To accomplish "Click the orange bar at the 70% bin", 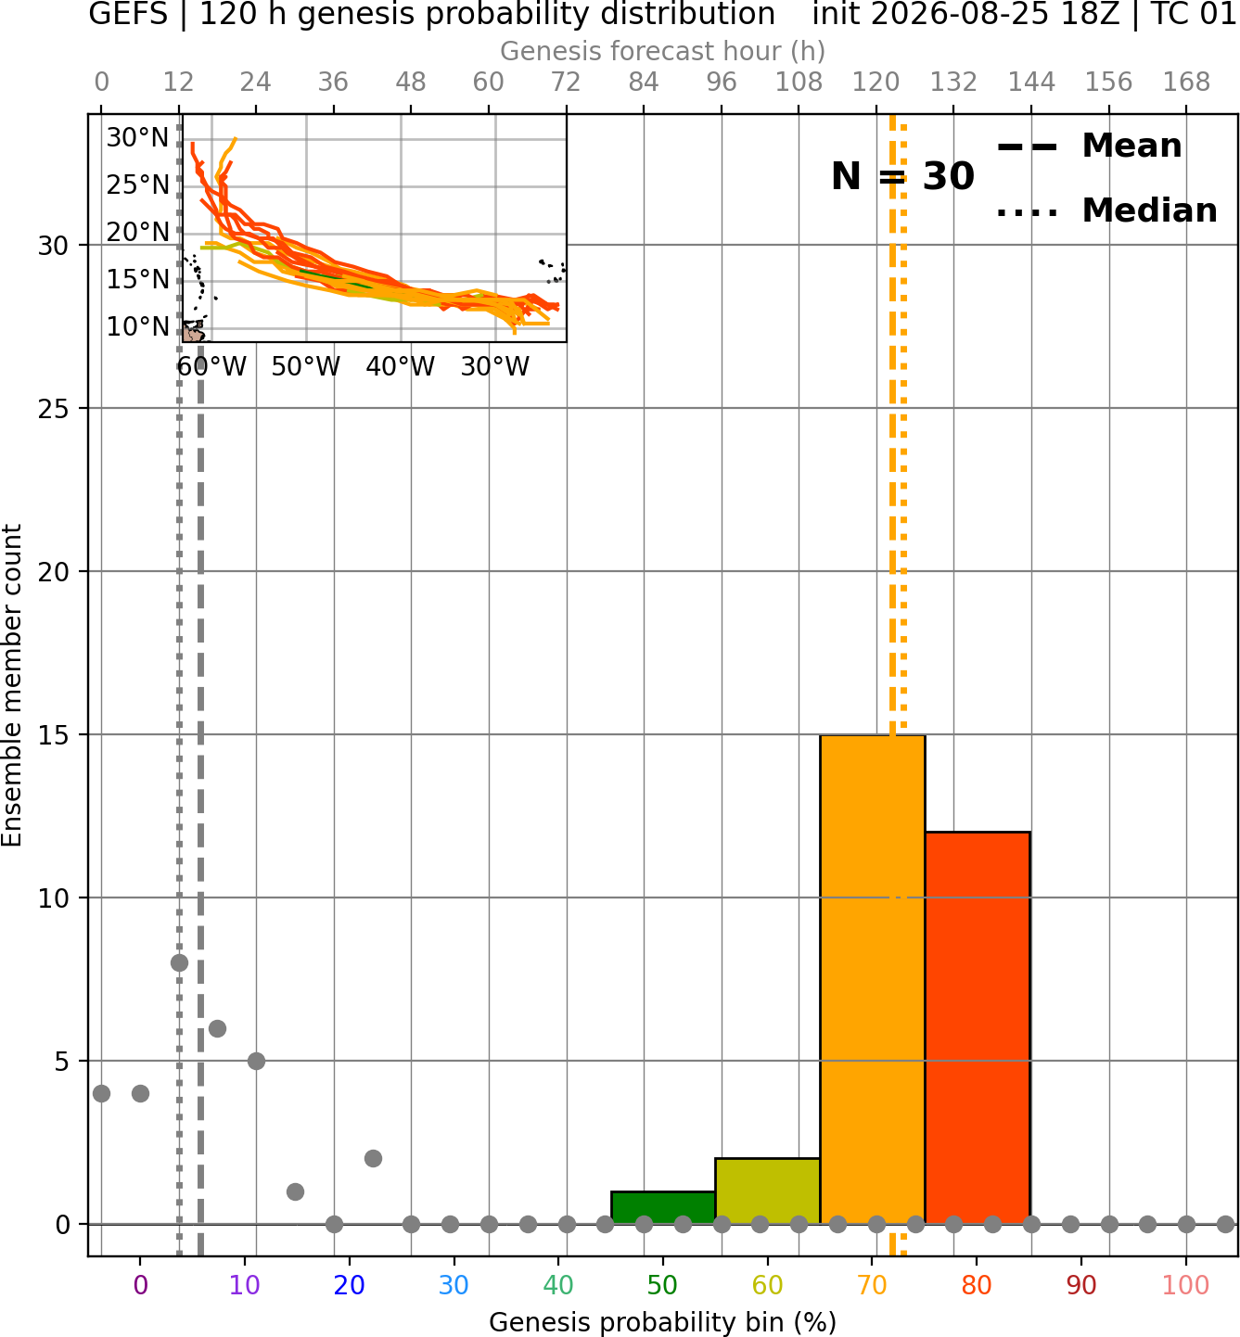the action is [x=872, y=979].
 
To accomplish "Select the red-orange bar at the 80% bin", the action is [x=978, y=1027].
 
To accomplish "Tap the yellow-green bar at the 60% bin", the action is [x=768, y=1191].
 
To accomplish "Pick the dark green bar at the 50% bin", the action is [x=663, y=1207].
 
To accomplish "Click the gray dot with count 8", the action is [x=179, y=962].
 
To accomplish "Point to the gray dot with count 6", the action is [x=217, y=1028].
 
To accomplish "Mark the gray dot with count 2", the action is [x=373, y=1158].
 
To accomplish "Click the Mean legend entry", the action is [x=1089, y=146].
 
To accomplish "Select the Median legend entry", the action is [x=1106, y=210].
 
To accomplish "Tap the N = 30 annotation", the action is [x=902, y=176].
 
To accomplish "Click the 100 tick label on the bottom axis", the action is [x=1186, y=1284].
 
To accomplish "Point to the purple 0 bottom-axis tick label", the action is [x=140, y=1284].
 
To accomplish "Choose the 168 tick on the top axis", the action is [x=1186, y=83].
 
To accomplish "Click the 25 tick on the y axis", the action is [x=54, y=409].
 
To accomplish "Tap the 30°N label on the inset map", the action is [x=137, y=137].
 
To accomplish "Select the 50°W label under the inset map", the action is [x=306, y=367].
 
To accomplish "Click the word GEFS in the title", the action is [x=128, y=14].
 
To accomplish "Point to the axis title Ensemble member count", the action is [x=12, y=685].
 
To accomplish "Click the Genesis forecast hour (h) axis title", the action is [x=663, y=51].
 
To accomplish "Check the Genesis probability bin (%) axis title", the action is [x=663, y=1322].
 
